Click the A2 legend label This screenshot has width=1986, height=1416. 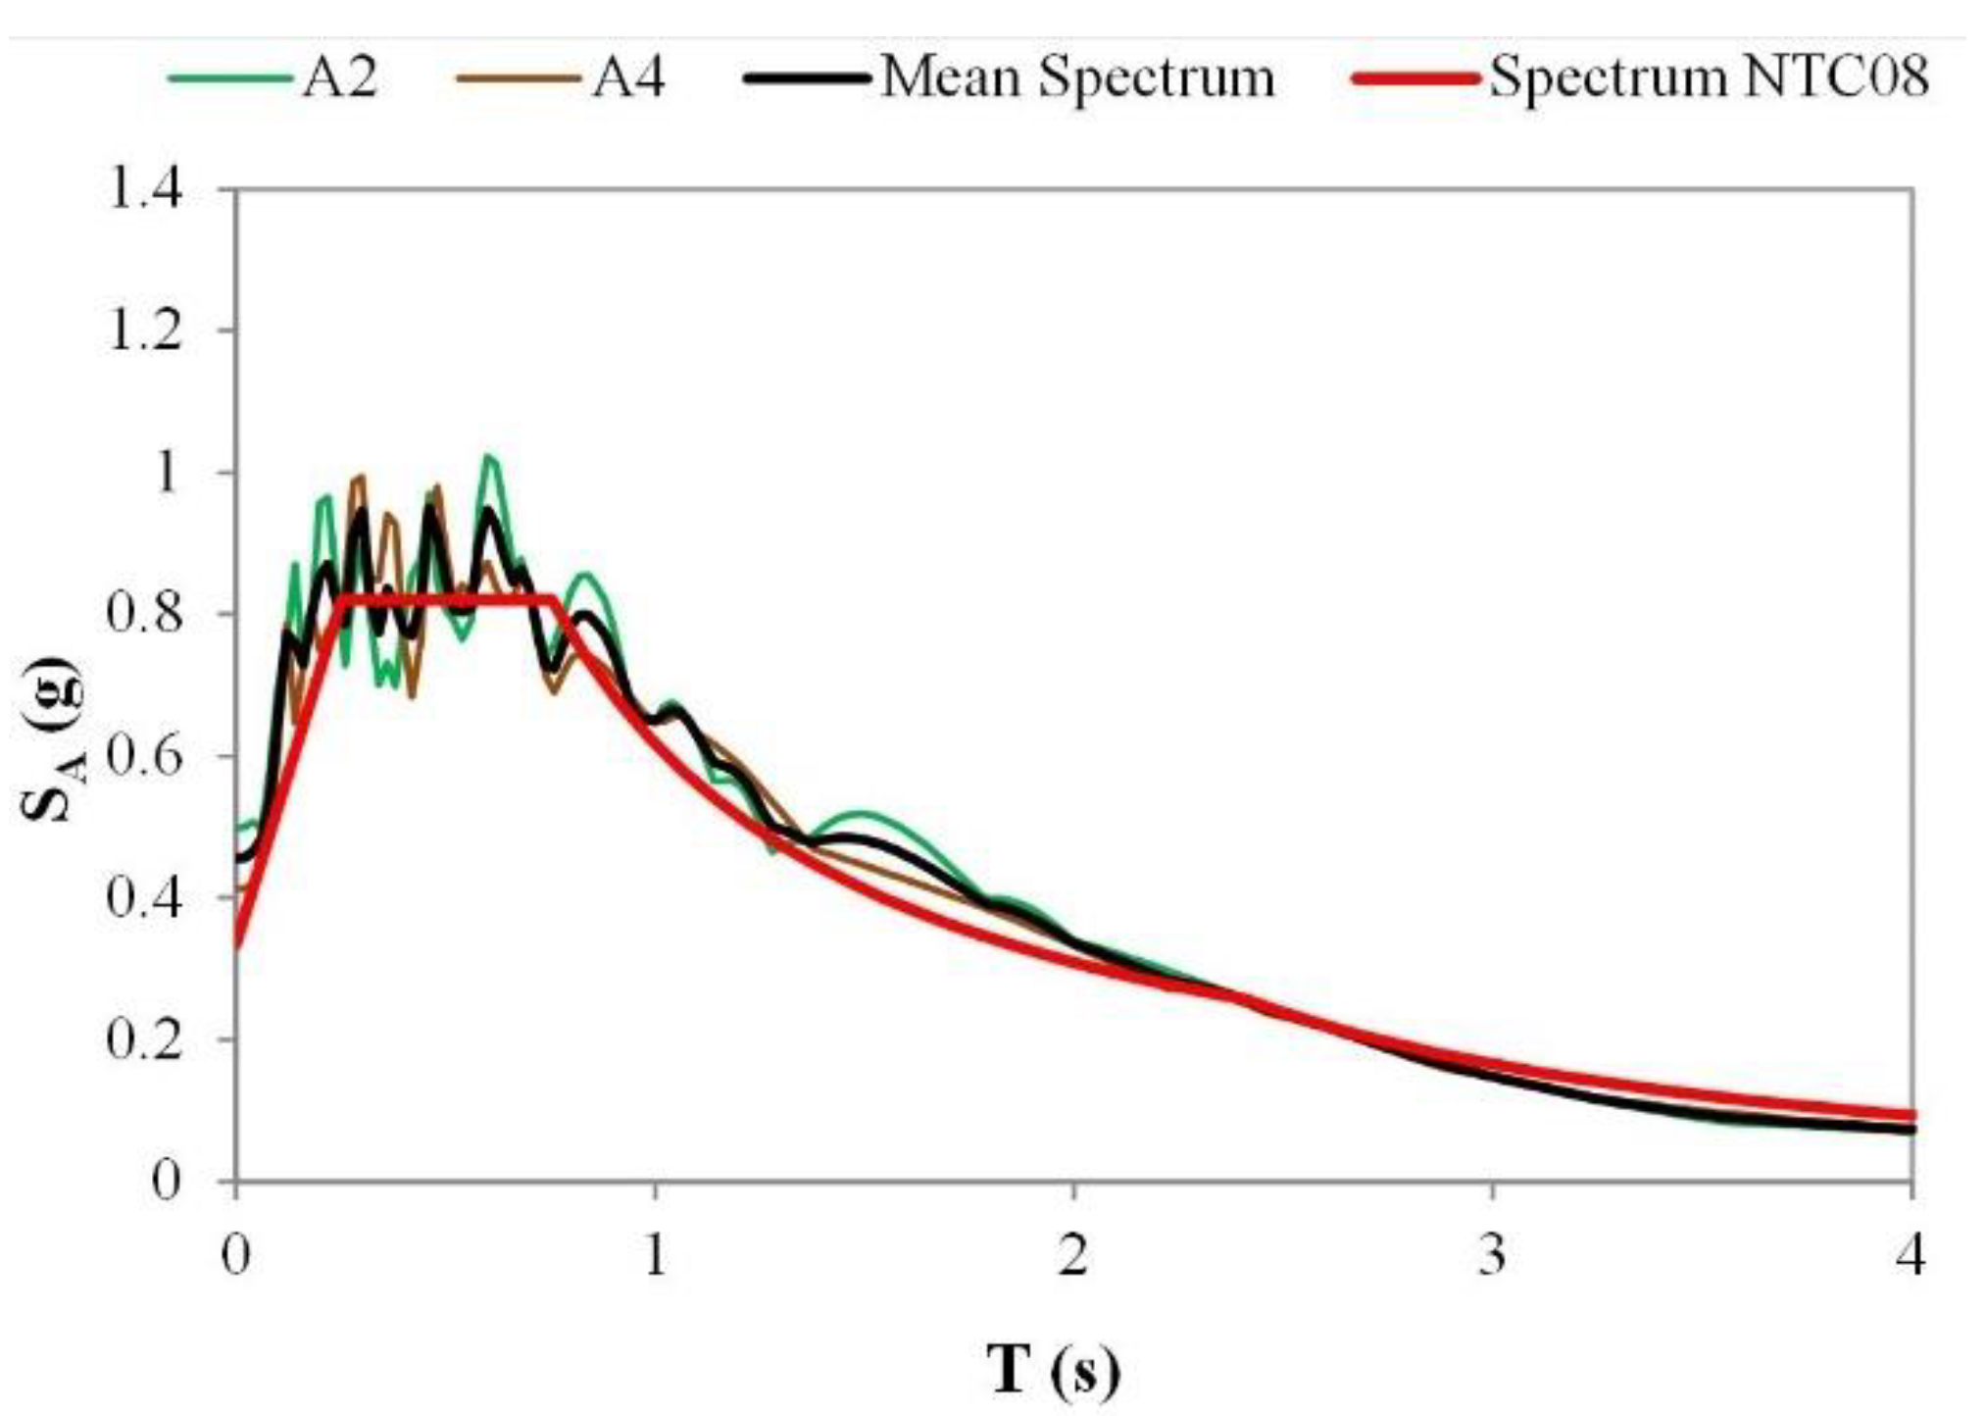tap(339, 77)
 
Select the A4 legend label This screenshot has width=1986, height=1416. tap(628, 77)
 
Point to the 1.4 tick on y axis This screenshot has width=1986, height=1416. tap(145, 188)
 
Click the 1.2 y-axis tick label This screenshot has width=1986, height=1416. tap(145, 330)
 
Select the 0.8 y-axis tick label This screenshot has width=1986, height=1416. tap(145, 614)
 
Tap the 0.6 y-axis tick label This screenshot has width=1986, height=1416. tap(145, 756)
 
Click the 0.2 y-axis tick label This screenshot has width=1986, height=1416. tap(145, 1039)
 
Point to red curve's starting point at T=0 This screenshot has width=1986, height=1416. tap(236, 947)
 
